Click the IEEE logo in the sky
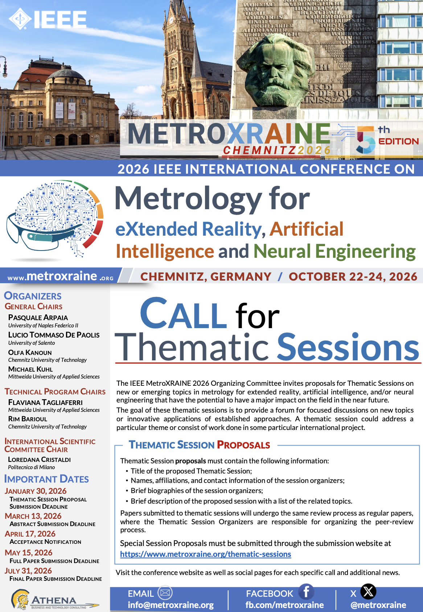point(48,19)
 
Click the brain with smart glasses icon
point(54,219)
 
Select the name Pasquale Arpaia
point(38,318)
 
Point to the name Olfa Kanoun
point(30,352)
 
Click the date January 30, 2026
point(36,491)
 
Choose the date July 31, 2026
point(28,571)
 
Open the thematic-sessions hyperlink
point(205,554)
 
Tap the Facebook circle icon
point(306,591)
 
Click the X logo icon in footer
point(368,591)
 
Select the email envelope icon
point(165,593)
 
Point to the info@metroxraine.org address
point(171,605)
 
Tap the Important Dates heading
point(46,479)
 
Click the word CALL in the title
point(183,314)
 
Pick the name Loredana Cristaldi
point(40,459)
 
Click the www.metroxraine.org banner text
point(61,276)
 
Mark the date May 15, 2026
point(29,553)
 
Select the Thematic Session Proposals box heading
point(199,445)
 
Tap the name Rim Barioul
point(28,419)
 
